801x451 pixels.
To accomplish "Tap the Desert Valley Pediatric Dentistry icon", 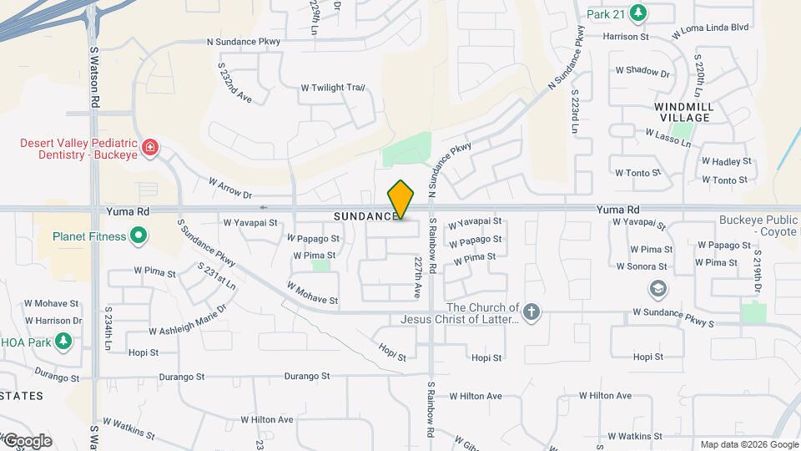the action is pyautogui.click(x=150, y=149).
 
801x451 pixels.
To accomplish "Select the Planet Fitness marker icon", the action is pyautogui.click(x=139, y=236).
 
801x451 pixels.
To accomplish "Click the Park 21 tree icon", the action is pyautogui.click(x=638, y=13).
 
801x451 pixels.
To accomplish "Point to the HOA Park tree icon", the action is pyautogui.click(x=63, y=341).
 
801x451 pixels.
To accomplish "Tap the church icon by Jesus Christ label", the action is pyautogui.click(x=532, y=312).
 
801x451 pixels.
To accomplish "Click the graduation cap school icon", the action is pyautogui.click(x=657, y=288).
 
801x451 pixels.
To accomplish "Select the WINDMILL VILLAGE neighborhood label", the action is pyautogui.click(x=683, y=113).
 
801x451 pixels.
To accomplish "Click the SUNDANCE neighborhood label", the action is pyautogui.click(x=366, y=216).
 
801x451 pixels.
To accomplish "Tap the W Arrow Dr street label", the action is pyautogui.click(x=230, y=187).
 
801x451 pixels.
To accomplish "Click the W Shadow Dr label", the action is pyautogui.click(x=641, y=72).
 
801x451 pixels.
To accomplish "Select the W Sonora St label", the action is pyautogui.click(x=642, y=266).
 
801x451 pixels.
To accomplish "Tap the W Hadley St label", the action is pyautogui.click(x=726, y=161).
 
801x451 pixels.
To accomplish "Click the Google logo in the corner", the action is pyautogui.click(x=28, y=440).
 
